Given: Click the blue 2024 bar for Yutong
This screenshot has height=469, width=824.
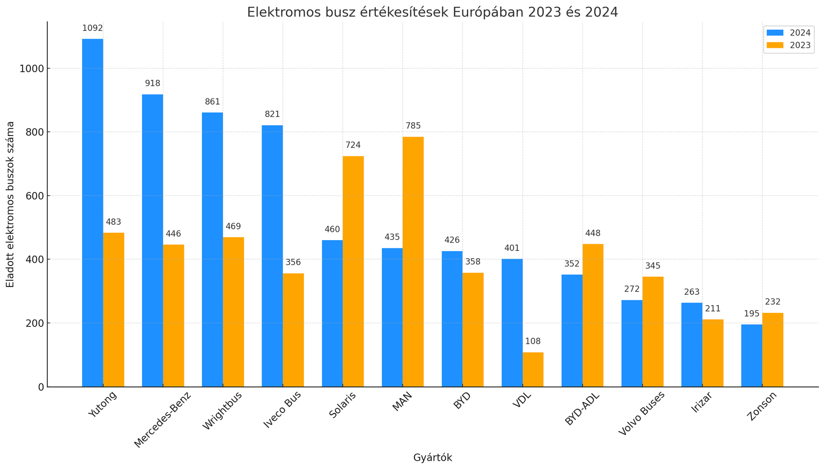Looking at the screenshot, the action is (x=92, y=213).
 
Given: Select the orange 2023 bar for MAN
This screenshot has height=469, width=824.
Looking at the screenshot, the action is (x=413, y=262).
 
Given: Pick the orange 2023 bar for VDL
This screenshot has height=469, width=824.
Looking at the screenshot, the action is (x=533, y=370).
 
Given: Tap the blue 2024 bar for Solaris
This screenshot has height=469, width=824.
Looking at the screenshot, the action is (x=332, y=314).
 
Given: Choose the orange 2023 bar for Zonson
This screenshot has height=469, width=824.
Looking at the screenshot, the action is (x=772, y=350).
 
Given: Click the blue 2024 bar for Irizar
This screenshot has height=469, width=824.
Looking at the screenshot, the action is (x=692, y=345).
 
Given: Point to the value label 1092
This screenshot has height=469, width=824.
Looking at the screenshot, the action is (x=92, y=28).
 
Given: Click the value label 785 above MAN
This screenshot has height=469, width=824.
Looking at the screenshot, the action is (x=413, y=126).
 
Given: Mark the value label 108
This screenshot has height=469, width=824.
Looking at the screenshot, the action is (x=533, y=341).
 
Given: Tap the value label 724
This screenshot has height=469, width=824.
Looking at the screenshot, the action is (x=353, y=145).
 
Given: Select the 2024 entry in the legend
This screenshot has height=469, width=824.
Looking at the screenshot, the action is (x=788, y=33).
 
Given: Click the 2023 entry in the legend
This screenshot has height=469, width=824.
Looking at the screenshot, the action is (x=788, y=45).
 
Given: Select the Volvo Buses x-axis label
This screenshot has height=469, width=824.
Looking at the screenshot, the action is (x=642, y=413).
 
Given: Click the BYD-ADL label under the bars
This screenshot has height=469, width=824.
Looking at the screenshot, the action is (x=582, y=409).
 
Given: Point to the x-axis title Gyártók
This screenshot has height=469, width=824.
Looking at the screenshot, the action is (x=433, y=458).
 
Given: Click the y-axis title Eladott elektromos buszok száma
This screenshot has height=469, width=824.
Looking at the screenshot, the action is (x=10, y=204).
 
